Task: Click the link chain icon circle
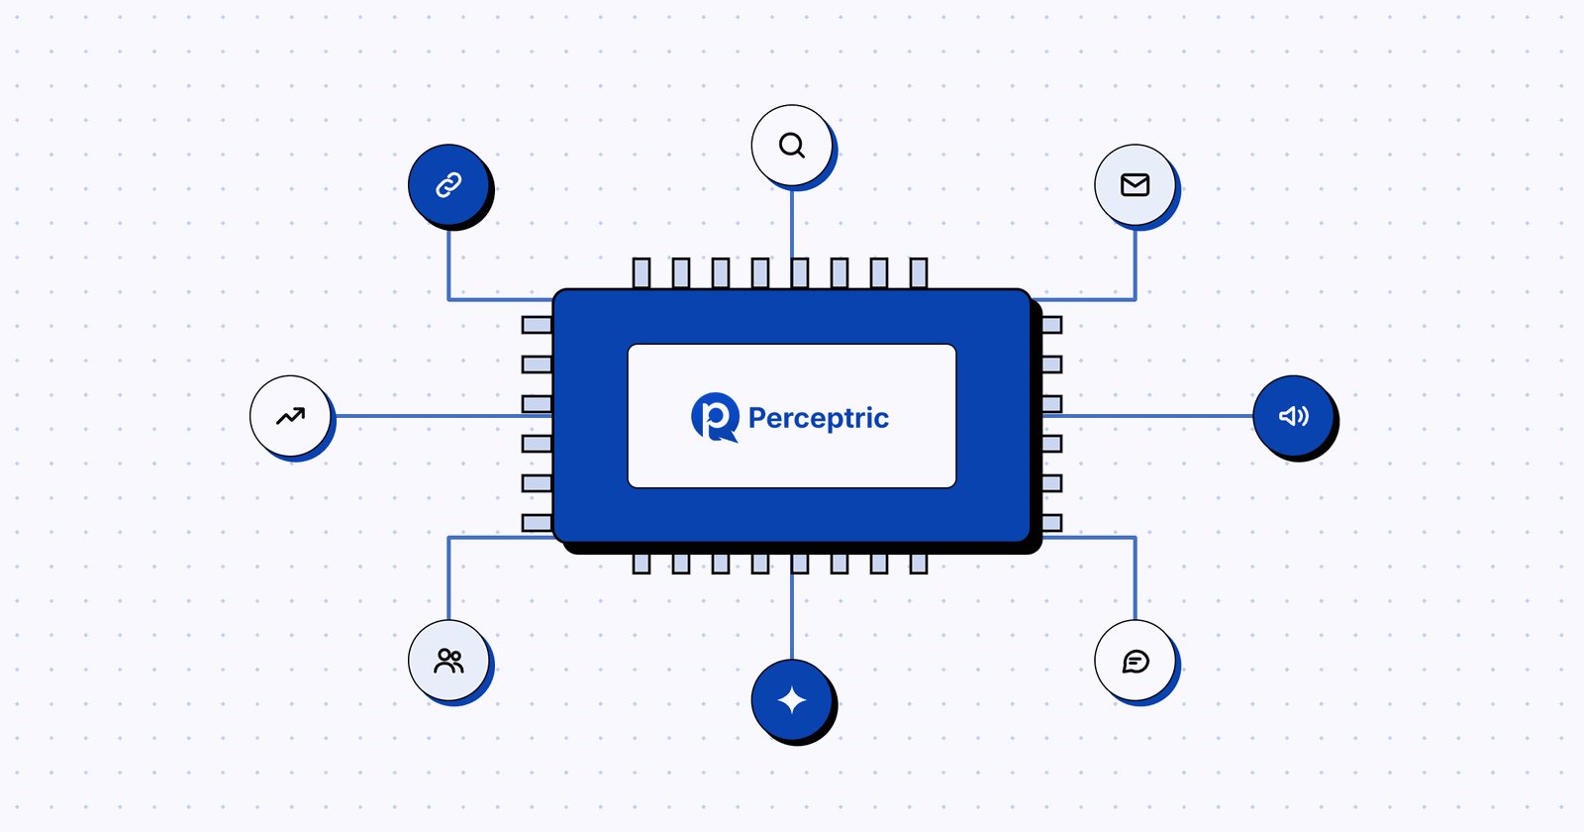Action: pos(449,184)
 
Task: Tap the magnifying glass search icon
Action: pos(792,146)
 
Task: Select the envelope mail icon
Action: pos(1135,185)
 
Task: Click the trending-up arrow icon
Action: pos(291,416)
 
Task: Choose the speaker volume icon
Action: pos(1294,416)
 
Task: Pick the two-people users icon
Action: pos(449,661)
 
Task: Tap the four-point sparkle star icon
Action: pos(792,700)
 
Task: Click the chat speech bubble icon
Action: pos(1136,661)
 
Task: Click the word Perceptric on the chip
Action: pos(819,418)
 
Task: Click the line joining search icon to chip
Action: pos(792,222)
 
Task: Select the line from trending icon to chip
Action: pos(442,416)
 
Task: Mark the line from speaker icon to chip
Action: pos(1147,416)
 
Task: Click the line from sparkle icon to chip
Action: pos(792,616)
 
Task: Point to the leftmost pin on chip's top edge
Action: pos(642,273)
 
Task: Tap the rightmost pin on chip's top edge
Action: pos(919,273)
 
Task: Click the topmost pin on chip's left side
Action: pos(537,325)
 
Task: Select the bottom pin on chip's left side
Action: pos(537,523)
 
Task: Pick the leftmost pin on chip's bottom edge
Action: pos(642,564)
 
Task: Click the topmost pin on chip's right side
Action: pos(1052,325)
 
